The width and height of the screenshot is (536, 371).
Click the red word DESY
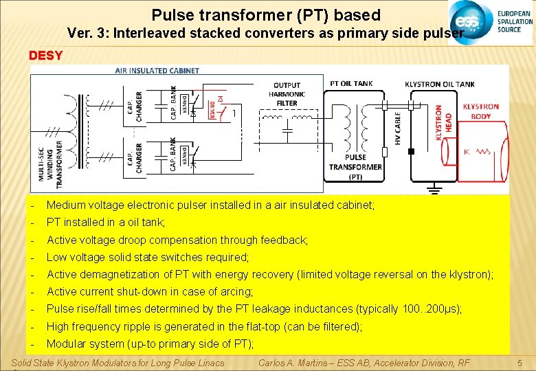click(45, 55)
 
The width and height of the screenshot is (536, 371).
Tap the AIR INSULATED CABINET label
click(157, 71)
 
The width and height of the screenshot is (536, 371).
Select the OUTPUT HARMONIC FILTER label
click(287, 94)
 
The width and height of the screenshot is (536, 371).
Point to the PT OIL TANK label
click(351, 84)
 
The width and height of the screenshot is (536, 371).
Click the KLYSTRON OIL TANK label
click(439, 85)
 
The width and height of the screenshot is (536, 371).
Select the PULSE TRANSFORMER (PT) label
click(355, 167)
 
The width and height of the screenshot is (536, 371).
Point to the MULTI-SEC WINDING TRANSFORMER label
click(54, 164)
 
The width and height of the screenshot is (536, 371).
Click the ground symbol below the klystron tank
click(434, 188)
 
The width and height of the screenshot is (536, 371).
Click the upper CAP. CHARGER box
click(135, 106)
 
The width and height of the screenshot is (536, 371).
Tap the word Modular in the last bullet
click(66, 344)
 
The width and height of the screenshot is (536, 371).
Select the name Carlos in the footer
click(274, 363)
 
